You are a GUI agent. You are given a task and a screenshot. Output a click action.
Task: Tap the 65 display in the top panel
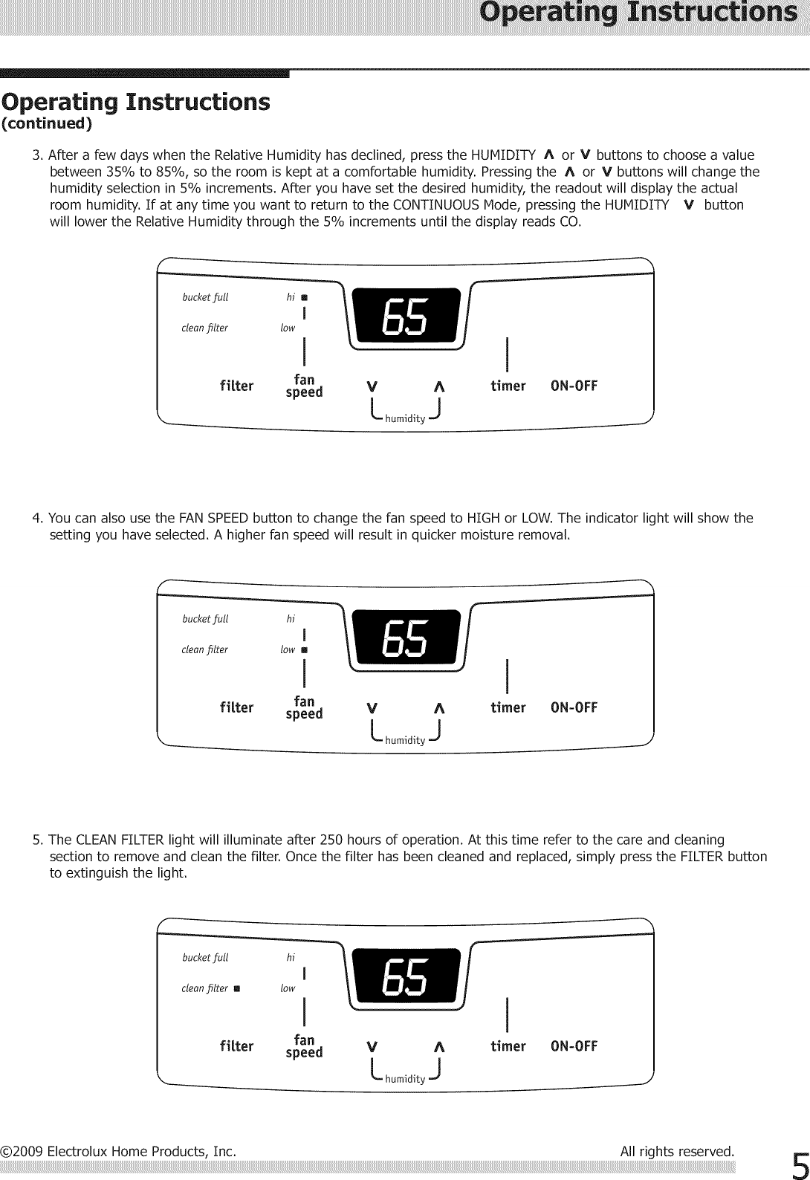405,318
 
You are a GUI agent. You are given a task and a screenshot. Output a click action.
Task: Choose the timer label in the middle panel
508,707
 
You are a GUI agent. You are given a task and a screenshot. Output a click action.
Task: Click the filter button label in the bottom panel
237,1046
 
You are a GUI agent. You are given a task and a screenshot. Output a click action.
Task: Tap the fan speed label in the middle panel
305,707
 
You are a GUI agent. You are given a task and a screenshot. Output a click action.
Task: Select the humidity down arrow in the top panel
372,386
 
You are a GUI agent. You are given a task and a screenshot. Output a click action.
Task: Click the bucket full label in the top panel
205,297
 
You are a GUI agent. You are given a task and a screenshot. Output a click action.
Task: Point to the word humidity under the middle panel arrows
405,740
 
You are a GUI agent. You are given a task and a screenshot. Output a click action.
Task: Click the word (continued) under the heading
47,124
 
